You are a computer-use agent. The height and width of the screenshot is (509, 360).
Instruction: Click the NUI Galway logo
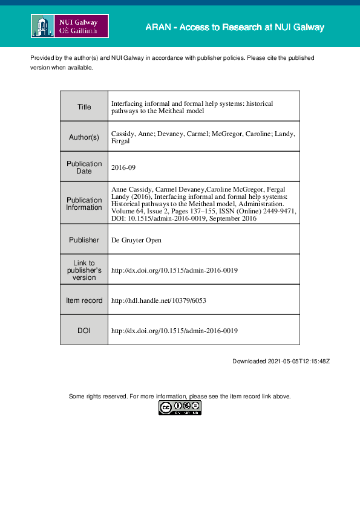tap(70, 26)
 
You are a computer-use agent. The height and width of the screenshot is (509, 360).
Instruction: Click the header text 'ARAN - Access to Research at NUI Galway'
tap(235, 27)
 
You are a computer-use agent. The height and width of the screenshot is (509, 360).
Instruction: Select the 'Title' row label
tap(84, 107)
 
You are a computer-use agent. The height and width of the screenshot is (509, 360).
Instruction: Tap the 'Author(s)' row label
tap(84, 137)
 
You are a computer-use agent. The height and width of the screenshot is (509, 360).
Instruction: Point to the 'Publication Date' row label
tap(84, 167)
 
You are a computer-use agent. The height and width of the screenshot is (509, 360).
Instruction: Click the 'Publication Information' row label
tap(84, 204)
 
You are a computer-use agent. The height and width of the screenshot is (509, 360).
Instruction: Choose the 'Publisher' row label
tap(84, 240)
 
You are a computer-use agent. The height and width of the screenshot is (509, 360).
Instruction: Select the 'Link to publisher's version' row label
tap(84, 270)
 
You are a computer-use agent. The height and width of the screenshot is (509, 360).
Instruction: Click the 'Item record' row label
tap(84, 300)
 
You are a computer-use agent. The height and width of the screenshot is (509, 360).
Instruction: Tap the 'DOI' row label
tap(84, 331)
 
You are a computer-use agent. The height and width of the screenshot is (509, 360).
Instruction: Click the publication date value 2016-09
tap(125, 167)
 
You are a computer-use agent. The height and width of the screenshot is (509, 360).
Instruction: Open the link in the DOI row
tap(174, 331)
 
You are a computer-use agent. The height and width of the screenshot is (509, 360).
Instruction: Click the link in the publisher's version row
tap(174, 270)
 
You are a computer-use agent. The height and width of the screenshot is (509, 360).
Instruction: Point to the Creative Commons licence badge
tap(180, 408)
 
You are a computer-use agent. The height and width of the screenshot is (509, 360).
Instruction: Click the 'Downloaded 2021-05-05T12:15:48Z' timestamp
tap(281, 361)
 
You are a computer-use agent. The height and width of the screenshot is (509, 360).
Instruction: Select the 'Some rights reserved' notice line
tap(180, 397)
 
